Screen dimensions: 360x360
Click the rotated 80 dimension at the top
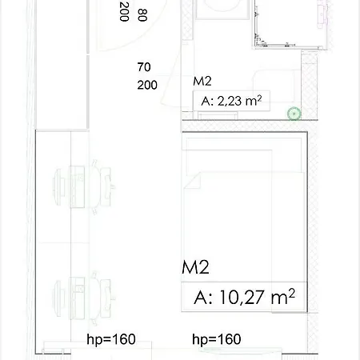click(142, 15)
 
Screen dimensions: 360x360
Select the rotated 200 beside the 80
click(124, 11)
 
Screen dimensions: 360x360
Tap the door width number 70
click(144, 67)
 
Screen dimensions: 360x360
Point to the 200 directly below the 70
click(147, 85)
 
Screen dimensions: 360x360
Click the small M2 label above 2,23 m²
click(202, 82)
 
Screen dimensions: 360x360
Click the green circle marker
click(294, 114)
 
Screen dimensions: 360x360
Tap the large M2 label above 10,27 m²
click(195, 267)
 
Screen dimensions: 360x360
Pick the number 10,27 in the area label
click(242, 298)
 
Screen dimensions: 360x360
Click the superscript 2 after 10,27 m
click(292, 293)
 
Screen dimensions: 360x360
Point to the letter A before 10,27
click(201, 298)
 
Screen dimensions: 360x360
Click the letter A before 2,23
click(206, 102)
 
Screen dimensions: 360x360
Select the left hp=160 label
click(111, 339)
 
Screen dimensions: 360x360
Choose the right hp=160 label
click(217, 339)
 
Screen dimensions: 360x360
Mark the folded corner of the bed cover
click(193, 181)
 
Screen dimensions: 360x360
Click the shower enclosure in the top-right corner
click(290, 24)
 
